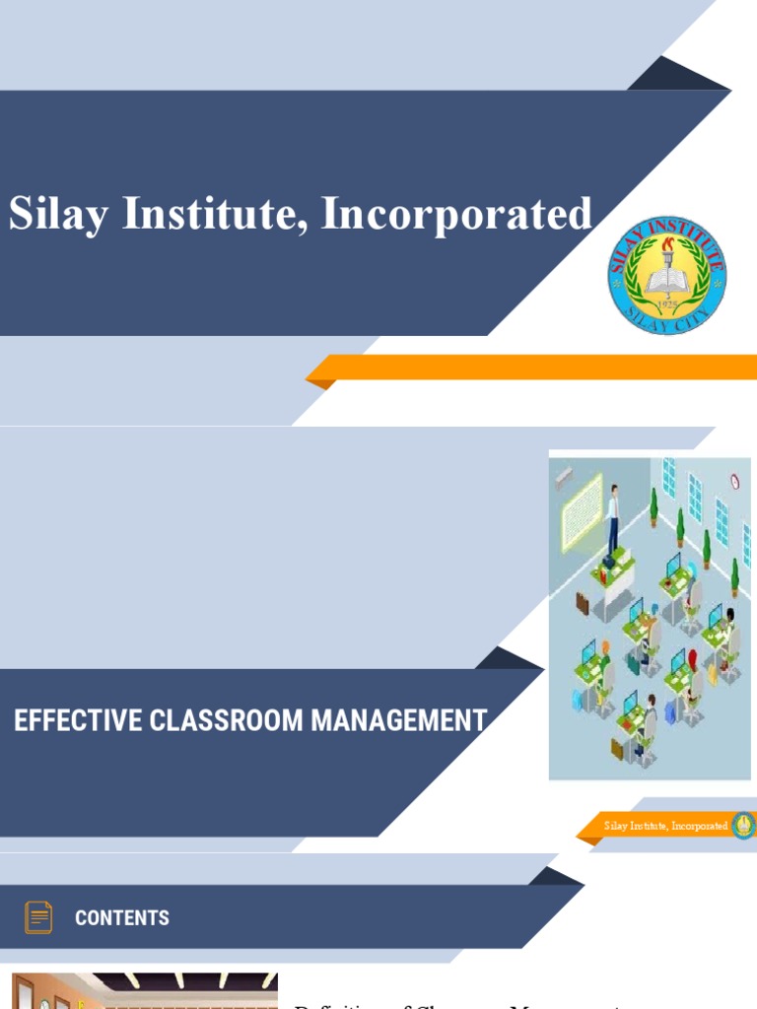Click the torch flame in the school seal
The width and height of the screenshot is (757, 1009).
click(x=667, y=244)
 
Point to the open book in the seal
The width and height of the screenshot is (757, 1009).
click(x=667, y=280)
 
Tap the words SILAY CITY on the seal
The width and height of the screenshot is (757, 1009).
click(x=667, y=321)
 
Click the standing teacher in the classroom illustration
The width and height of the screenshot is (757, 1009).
click(x=613, y=517)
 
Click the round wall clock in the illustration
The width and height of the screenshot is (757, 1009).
click(x=735, y=481)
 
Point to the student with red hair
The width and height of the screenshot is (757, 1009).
click(x=692, y=659)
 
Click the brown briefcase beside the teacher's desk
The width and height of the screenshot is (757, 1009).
click(x=582, y=603)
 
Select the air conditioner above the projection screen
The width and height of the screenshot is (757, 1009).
click(x=565, y=477)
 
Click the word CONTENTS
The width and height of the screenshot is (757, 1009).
click(x=122, y=918)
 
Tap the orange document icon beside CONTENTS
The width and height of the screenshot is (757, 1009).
click(x=38, y=917)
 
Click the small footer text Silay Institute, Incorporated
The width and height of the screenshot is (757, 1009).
click(x=665, y=826)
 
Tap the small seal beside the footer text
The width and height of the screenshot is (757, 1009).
click(x=743, y=826)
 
